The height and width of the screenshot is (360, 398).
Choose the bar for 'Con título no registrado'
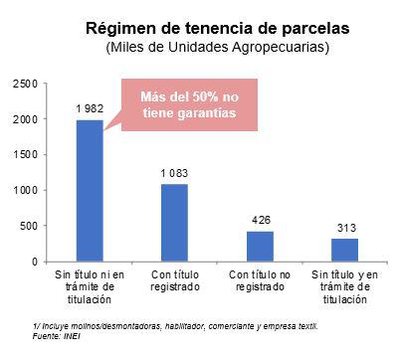(260, 246)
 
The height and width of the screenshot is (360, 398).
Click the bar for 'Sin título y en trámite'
(344, 250)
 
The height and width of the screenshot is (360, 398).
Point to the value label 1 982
(90, 107)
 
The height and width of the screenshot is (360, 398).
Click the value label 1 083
(174, 172)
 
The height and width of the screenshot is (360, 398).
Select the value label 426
(260, 219)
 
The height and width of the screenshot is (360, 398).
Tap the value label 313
(344, 227)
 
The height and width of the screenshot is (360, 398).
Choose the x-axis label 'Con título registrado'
(174, 279)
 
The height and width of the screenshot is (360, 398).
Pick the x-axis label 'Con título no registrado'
(260, 279)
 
